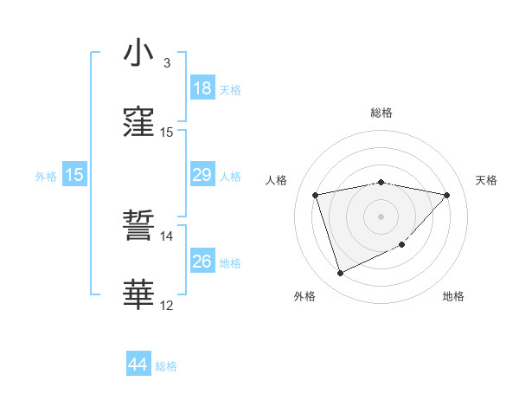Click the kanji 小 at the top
138,54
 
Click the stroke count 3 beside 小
167,62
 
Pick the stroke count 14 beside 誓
166,236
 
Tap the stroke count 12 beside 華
166,305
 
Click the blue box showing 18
202,88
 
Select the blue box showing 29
202,175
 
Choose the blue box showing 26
202,262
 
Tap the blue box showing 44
138,365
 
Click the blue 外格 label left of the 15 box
46,176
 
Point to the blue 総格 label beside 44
166,366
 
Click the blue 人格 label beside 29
230,176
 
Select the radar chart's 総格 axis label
381,113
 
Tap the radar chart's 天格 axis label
487,180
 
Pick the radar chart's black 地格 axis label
453,296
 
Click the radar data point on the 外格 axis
340,274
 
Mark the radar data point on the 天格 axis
446,195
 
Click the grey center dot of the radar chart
381,216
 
